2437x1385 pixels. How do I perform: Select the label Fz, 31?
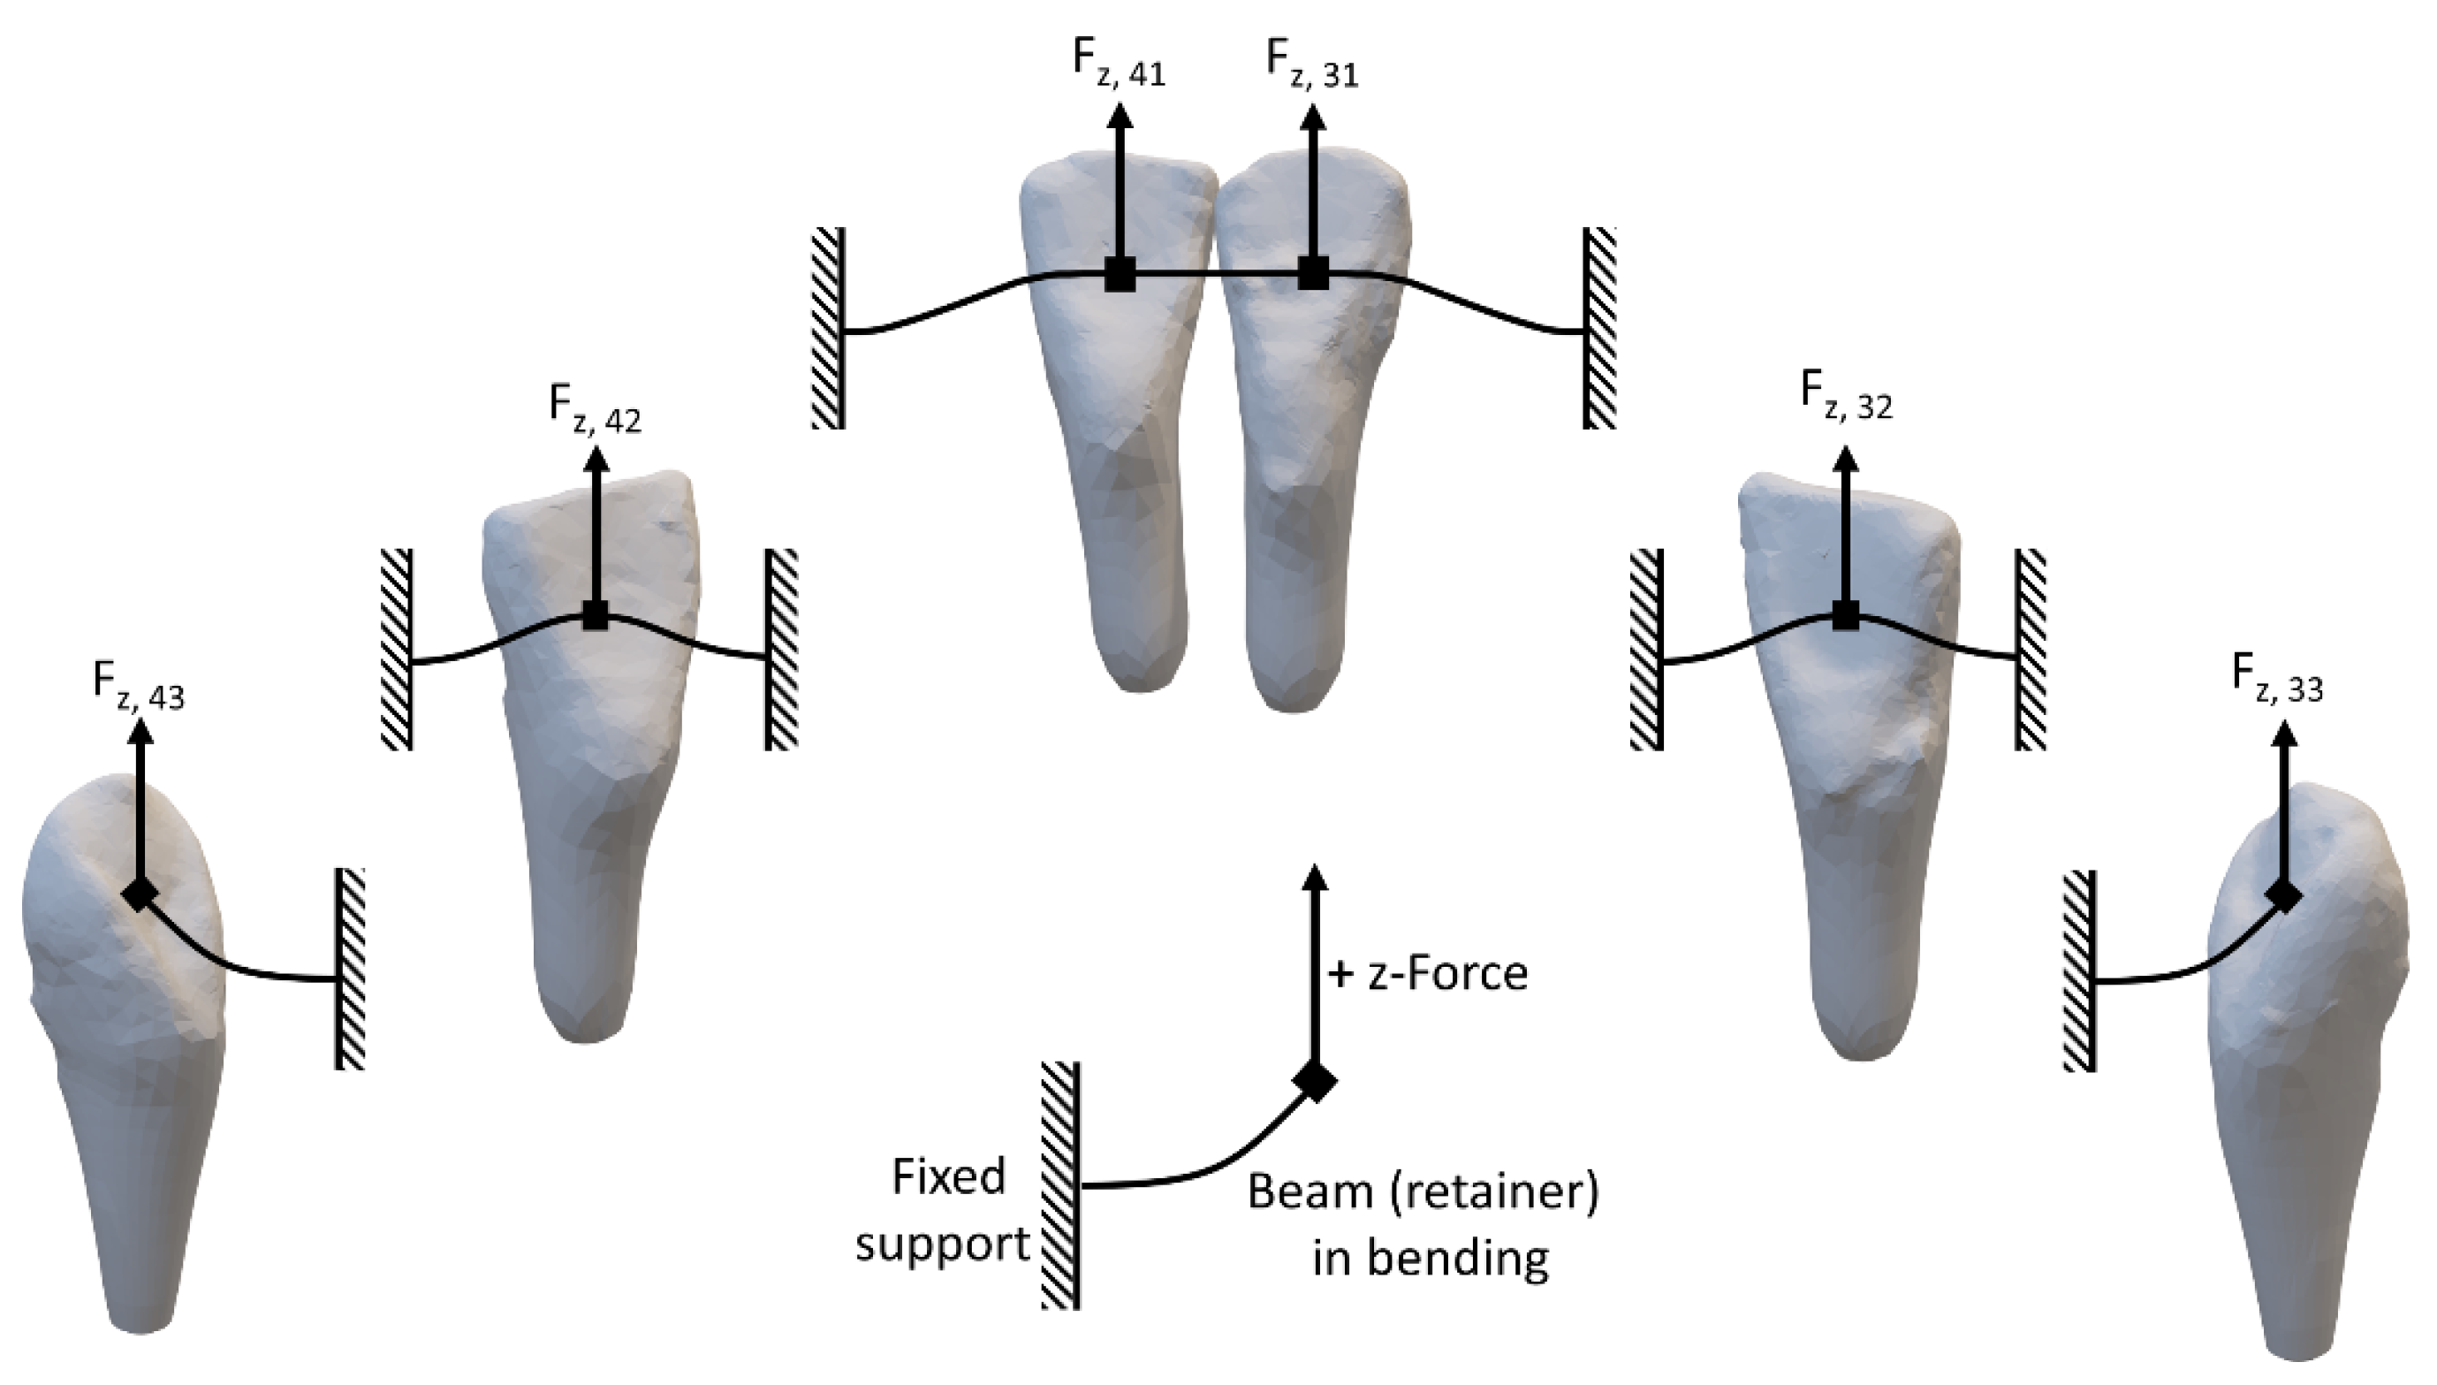[1312, 65]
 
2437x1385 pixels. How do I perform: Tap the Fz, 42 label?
[596, 409]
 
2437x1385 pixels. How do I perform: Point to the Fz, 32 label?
[1846, 396]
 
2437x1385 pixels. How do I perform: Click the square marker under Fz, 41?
[1120, 276]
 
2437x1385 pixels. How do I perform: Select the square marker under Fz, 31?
[1313, 276]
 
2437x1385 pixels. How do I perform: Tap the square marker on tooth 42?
[596, 615]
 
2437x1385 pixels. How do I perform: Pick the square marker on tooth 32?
[1846, 615]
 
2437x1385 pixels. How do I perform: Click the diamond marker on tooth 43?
[140, 894]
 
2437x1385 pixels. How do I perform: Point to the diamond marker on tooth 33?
[2283, 895]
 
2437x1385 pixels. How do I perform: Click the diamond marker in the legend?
[1315, 1081]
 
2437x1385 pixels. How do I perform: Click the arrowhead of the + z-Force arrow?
[1315, 877]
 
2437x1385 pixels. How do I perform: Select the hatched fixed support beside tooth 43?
[350, 969]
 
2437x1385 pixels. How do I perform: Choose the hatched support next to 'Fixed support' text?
[1061, 1185]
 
